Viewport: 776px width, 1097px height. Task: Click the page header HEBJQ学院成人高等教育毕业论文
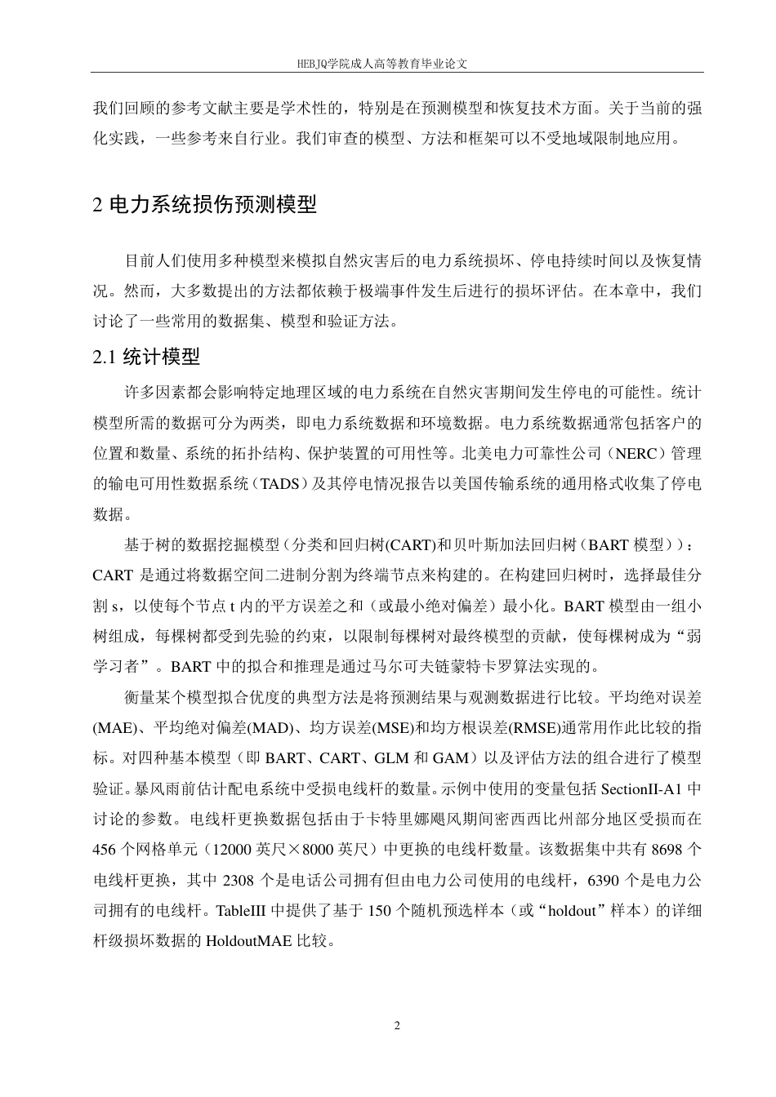pyautogui.click(x=388, y=62)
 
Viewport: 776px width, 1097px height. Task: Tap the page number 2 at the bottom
pyautogui.click(x=397, y=1025)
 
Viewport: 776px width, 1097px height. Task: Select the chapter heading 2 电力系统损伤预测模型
pyautogui.click(x=205, y=205)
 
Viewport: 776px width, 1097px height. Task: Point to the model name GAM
pyautogui.click(x=451, y=758)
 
